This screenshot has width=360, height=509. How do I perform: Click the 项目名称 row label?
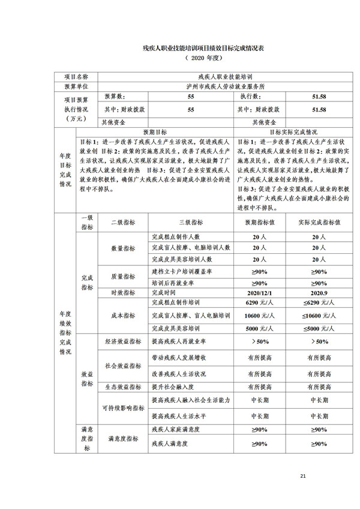pos(76,77)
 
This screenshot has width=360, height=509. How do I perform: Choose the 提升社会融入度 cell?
pos(176,386)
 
